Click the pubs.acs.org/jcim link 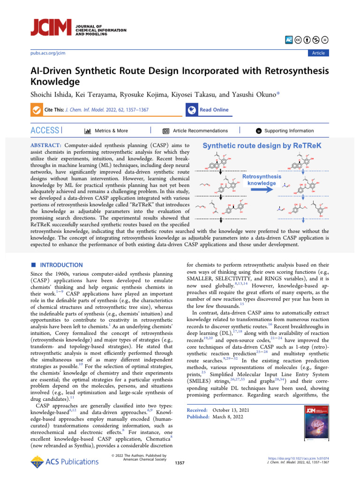click(47, 53)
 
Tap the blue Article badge click(318, 53)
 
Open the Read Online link click(214, 110)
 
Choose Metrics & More click(111, 131)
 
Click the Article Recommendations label click(201, 131)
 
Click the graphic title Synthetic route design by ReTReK click(262, 146)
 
